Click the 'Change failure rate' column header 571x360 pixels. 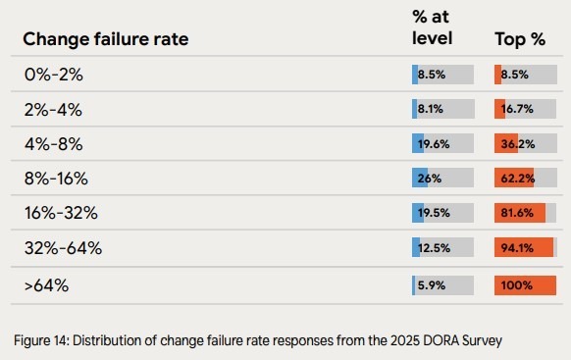pyautogui.click(x=105, y=39)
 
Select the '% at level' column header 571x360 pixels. pyautogui.click(x=432, y=28)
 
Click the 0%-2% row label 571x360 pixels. pyautogui.click(x=54, y=75)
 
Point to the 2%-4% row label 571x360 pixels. pyautogui.click(x=54, y=109)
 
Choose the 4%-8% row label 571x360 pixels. pyautogui.click(x=54, y=144)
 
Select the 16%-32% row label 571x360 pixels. pyautogui.click(x=61, y=214)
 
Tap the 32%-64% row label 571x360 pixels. pyautogui.click(x=63, y=249)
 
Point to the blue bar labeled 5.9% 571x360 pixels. pyautogui.click(x=414, y=284)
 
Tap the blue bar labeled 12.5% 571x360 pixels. pyautogui.click(x=416, y=249)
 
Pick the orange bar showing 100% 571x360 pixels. pyautogui.click(x=526, y=284)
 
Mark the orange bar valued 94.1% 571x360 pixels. pyautogui.click(x=524, y=249)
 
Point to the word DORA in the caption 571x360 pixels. pyautogui.click(x=435, y=341)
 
